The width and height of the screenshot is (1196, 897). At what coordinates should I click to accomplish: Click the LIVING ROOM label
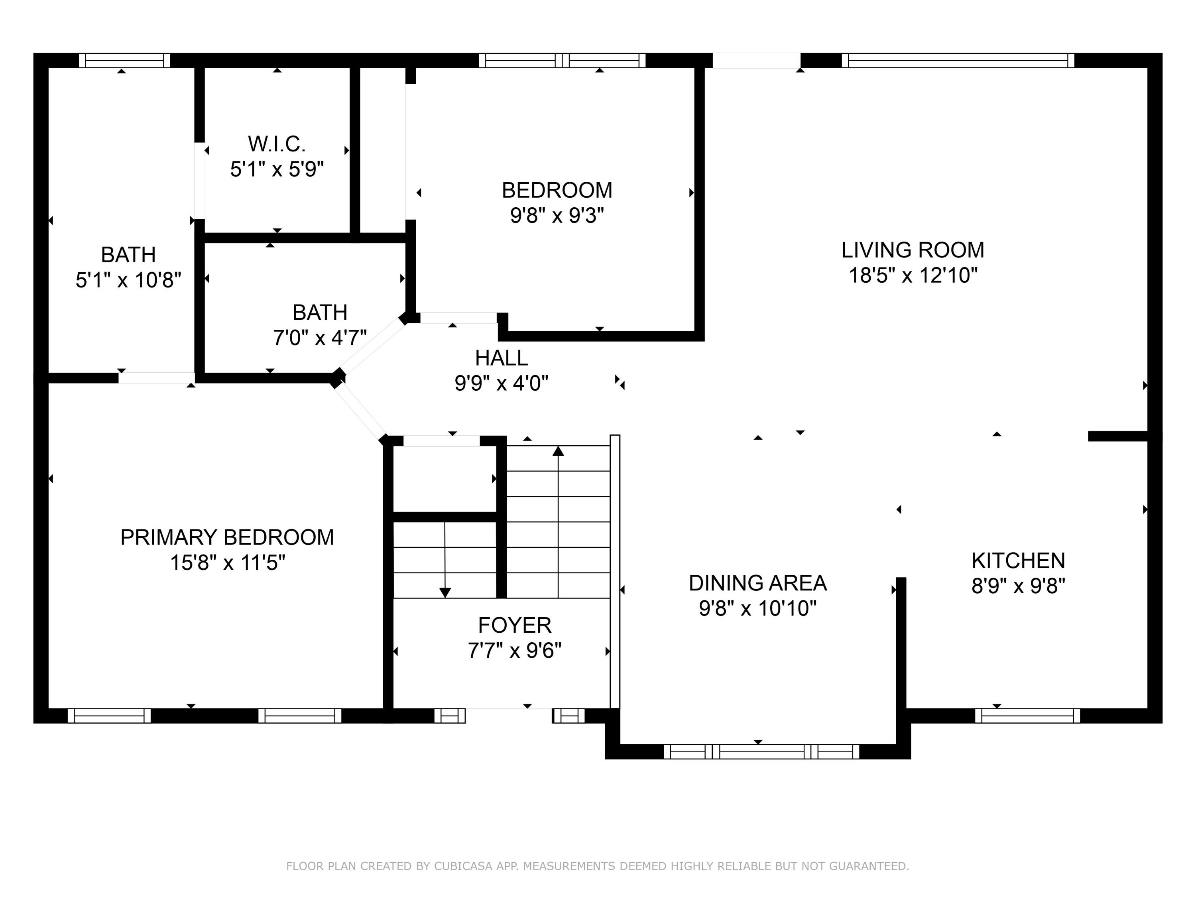(x=912, y=250)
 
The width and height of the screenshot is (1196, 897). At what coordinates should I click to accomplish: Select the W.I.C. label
(x=277, y=144)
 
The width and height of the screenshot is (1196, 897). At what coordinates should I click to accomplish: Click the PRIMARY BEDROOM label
(x=227, y=537)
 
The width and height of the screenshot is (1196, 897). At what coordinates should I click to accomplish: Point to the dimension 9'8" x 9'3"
(x=557, y=216)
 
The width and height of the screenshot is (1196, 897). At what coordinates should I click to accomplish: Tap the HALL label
(x=501, y=358)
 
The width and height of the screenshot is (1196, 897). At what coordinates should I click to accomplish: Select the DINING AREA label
(x=757, y=583)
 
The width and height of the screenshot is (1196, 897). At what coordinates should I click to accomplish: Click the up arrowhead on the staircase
(x=558, y=451)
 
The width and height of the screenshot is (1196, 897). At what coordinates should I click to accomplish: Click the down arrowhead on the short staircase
(x=445, y=592)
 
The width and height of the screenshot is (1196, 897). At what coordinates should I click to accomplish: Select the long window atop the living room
(x=957, y=61)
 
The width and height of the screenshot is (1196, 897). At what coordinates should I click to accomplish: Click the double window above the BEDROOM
(x=562, y=61)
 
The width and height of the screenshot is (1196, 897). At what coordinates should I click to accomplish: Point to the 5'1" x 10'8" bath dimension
(x=128, y=280)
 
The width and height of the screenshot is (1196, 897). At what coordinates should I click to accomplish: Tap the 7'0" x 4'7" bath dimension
(x=320, y=338)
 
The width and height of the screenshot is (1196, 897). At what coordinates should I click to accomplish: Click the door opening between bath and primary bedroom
(x=156, y=378)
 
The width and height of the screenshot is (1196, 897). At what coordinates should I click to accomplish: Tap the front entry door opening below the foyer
(x=508, y=715)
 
